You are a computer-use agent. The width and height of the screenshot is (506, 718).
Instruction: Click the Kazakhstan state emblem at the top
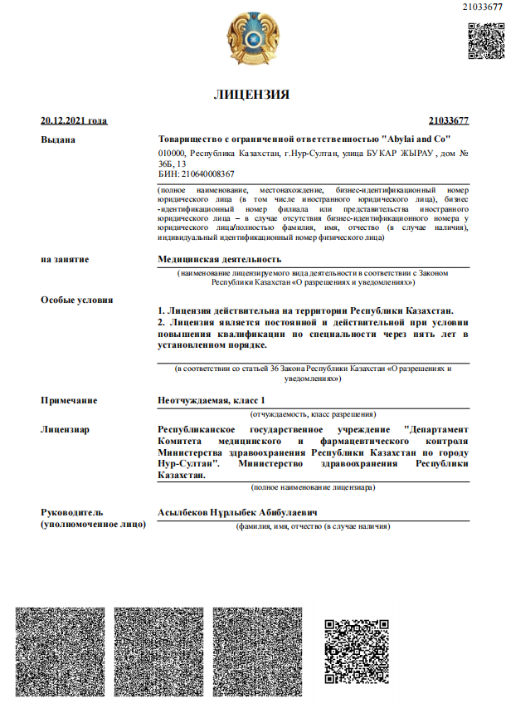[x=253, y=38]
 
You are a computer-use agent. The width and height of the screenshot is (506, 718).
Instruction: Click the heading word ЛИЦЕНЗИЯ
[x=252, y=94]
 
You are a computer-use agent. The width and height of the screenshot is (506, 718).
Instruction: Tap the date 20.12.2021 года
[x=74, y=120]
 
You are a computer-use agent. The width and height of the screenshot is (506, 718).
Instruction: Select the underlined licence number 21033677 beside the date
[x=449, y=120]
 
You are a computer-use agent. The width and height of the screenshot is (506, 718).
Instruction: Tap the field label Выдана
[x=58, y=139]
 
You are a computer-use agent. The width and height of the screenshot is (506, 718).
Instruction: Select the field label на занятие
[x=65, y=259]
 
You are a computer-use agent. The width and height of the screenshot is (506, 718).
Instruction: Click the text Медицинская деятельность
[x=220, y=259]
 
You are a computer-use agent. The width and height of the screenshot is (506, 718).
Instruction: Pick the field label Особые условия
[x=77, y=300]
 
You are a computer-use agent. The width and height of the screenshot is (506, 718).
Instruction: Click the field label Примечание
[x=69, y=400]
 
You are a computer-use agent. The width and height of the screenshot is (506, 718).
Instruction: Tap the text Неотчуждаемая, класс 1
[x=212, y=400]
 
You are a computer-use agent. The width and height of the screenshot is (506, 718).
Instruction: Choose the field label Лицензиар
[x=66, y=429]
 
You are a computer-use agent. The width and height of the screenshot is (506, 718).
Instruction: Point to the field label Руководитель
[x=75, y=513]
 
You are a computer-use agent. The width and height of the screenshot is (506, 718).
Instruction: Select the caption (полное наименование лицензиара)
[x=313, y=487]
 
